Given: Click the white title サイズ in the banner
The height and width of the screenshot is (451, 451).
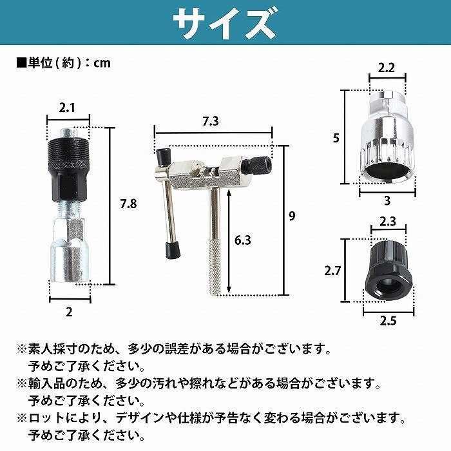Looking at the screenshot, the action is coord(225,24).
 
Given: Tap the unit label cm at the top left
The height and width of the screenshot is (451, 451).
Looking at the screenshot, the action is coord(102,62).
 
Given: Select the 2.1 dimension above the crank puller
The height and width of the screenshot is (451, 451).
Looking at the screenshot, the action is coord(67,108).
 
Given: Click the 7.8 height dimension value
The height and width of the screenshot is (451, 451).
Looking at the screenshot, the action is coord(128,204).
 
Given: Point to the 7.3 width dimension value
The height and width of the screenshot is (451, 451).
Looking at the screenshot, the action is coord(211,121).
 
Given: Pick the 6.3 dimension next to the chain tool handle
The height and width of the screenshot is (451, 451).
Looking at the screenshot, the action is coord(242,240).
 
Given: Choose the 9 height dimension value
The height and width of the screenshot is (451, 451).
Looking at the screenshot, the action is coord(292,216).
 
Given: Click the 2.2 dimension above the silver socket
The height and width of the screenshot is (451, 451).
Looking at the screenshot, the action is coord(387,68).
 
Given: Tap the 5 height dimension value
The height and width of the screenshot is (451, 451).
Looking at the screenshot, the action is coord(336,139).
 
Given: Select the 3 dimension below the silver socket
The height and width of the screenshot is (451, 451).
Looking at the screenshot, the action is coord(387,200).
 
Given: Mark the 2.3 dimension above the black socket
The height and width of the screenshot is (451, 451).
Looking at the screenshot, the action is coord(388,222).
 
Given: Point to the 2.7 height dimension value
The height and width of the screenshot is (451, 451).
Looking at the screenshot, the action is coord(332,271).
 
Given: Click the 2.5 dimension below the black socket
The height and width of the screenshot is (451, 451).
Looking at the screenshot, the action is coord(388,321).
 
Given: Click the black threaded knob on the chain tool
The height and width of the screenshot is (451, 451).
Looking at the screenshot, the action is coord(257,165).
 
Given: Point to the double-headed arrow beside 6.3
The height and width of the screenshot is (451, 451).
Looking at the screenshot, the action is coord(229,241).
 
